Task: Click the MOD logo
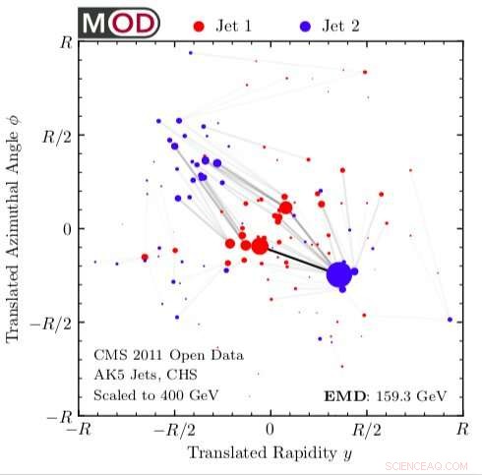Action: [x=117, y=23]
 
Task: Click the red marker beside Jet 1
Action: [x=201, y=24]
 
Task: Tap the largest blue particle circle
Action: [x=339, y=276]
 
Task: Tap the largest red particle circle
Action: [x=260, y=245]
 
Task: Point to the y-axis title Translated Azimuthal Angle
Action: [x=14, y=229]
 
